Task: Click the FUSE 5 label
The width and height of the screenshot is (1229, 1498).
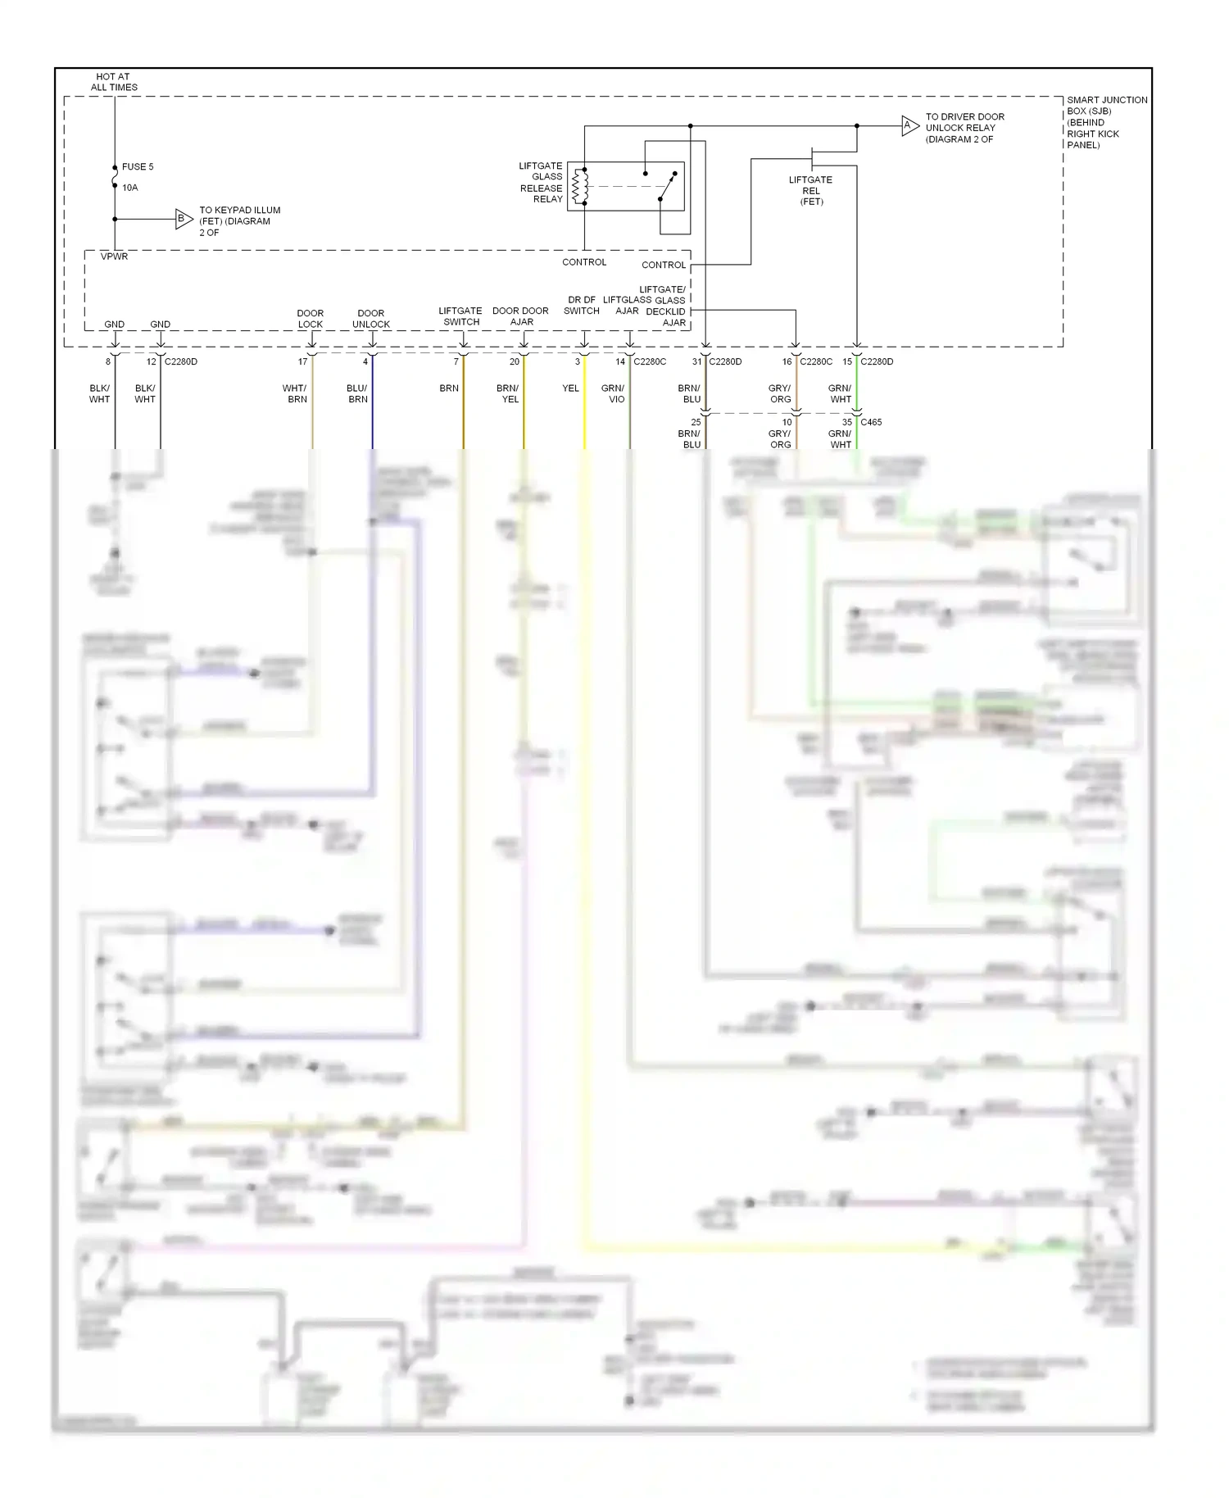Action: click(137, 166)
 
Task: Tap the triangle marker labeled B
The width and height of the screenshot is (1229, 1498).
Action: click(183, 219)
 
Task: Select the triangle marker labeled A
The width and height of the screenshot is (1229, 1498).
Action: click(909, 126)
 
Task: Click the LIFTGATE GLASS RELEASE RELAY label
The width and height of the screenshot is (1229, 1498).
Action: click(541, 183)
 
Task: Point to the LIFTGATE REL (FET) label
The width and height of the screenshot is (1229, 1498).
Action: click(810, 191)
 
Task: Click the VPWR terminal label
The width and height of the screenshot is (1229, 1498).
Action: click(114, 256)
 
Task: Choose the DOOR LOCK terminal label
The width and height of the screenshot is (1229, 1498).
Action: click(311, 319)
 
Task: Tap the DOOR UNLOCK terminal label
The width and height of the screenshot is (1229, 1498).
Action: click(371, 319)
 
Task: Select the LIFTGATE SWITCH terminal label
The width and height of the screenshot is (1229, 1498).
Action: click(460, 316)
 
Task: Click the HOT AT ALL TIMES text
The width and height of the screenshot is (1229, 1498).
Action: click(114, 82)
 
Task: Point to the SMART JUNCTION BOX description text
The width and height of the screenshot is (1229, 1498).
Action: click(1106, 122)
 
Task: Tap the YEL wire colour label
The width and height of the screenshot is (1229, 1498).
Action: click(570, 388)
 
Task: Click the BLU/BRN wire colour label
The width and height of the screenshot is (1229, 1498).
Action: click(357, 393)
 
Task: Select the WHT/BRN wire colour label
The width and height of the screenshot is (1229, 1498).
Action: click(295, 393)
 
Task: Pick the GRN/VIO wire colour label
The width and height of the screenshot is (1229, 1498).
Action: click(613, 393)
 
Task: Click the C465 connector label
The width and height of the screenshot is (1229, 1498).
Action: click(871, 422)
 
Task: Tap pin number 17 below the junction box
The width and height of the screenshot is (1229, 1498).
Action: click(302, 361)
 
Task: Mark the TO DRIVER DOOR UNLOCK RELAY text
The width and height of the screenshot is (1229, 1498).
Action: click(964, 128)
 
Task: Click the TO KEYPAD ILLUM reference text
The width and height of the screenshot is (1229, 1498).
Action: click(238, 221)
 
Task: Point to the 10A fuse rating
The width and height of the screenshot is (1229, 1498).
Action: click(130, 188)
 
